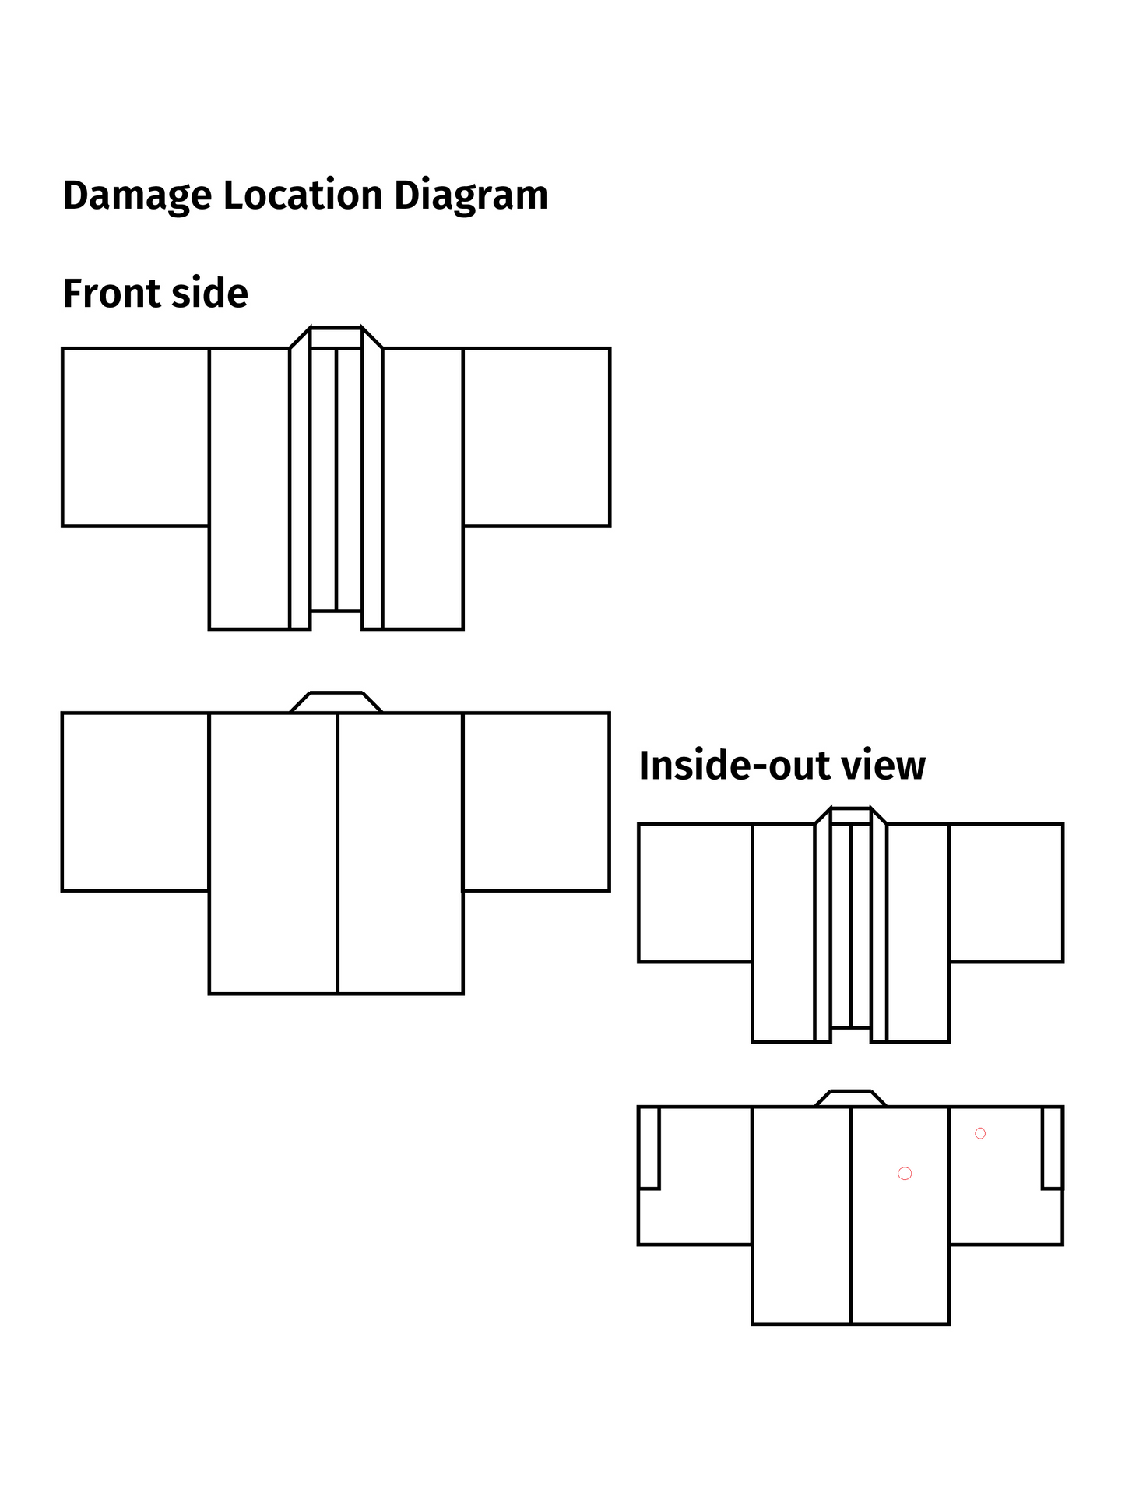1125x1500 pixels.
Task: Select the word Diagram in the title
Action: (470, 195)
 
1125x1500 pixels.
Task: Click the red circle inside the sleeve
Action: (980, 1133)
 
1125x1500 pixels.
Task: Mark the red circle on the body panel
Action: (905, 1174)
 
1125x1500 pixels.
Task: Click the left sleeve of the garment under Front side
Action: (135, 437)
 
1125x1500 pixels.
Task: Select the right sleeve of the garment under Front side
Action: (536, 437)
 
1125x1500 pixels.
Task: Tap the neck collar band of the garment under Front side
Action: (336, 338)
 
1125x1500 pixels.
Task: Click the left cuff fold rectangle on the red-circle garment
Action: (649, 1147)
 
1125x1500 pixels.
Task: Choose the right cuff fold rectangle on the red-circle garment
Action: (1053, 1147)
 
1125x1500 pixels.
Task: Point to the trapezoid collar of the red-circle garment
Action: (851, 1099)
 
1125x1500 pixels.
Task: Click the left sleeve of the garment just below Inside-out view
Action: (695, 893)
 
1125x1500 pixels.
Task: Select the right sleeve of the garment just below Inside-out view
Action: (1006, 893)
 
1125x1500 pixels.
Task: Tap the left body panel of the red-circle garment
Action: (801, 1215)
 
